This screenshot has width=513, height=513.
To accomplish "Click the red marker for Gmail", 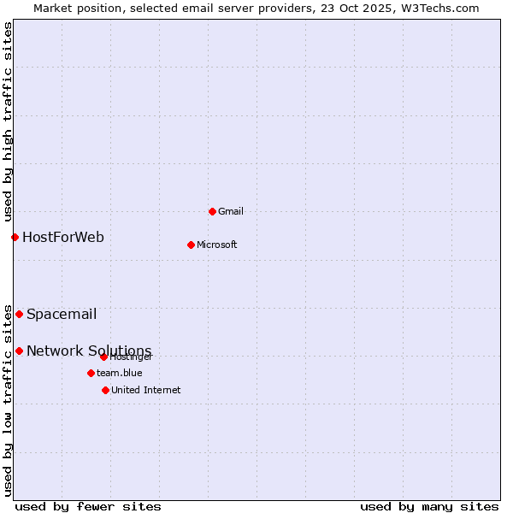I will tap(212, 211).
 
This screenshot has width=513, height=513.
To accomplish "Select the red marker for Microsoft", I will tap(191, 245).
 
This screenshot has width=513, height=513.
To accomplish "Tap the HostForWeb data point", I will tap(15, 237).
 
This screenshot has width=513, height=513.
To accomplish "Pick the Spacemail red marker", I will tap(19, 314).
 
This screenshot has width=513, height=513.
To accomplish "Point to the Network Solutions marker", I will tap(19, 351).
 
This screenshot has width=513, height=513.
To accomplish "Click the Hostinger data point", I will tap(103, 357).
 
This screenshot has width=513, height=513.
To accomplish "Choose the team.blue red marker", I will tap(91, 373).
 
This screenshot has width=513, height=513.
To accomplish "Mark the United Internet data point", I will tap(105, 390).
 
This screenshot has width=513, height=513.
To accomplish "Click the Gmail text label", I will tap(231, 211).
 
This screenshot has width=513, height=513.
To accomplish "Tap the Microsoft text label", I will tap(217, 245).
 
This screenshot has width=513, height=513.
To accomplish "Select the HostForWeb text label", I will tap(63, 237).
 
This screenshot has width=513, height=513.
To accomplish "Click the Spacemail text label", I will tap(62, 314).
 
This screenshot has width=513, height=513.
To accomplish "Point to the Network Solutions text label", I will tap(89, 351).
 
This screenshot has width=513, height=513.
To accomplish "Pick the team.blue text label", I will tap(120, 373).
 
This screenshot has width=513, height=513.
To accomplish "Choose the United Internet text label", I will tap(146, 390).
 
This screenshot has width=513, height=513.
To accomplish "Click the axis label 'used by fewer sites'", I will tap(88, 506).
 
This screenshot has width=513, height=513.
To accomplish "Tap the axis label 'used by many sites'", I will tap(429, 506).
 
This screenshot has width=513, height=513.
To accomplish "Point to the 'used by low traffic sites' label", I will tap(8, 400).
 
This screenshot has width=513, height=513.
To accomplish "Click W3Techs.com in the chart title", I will tap(437, 8).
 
